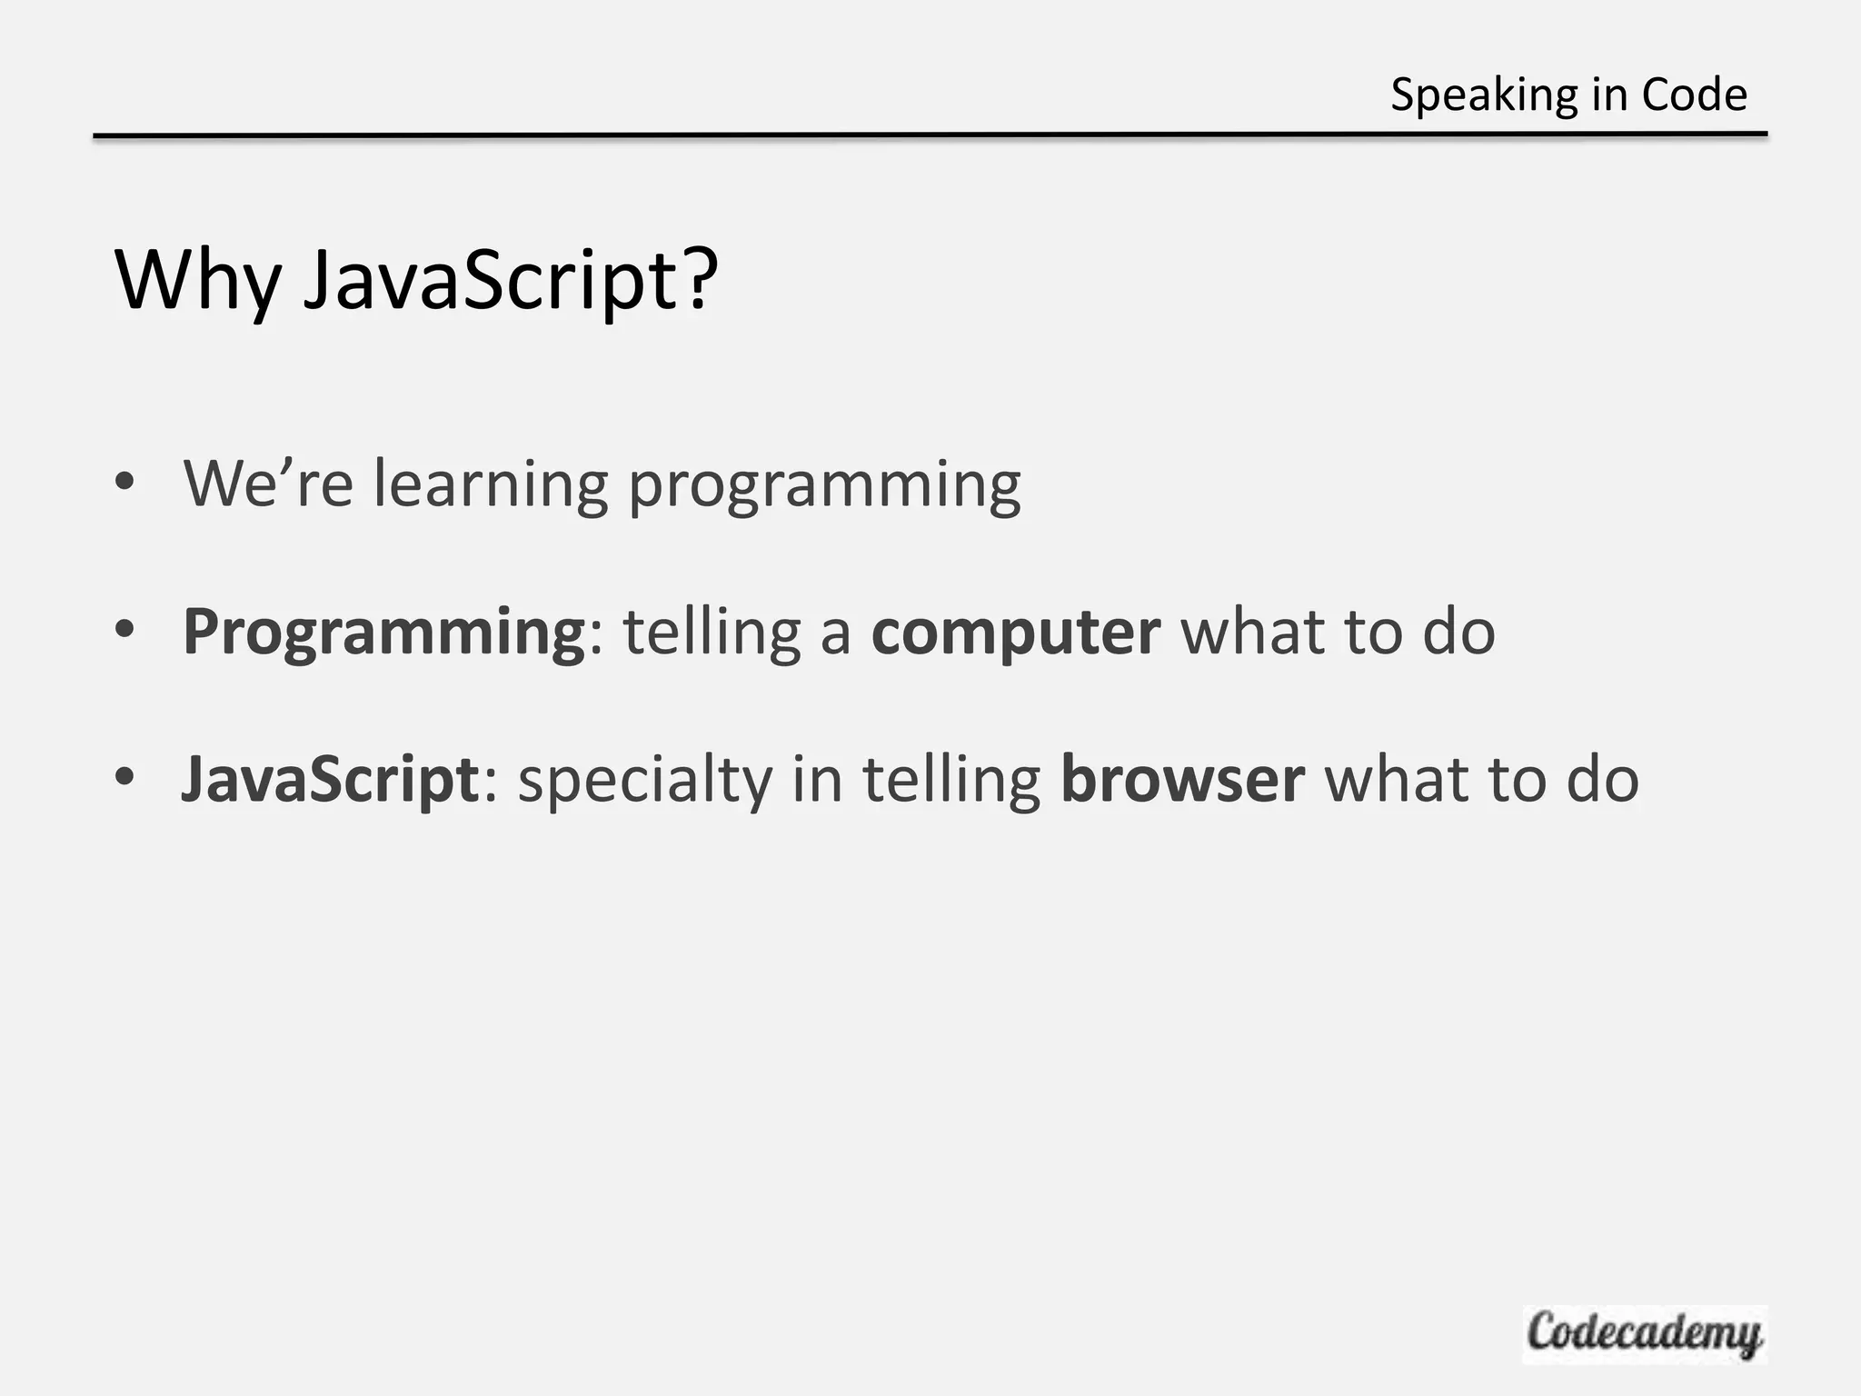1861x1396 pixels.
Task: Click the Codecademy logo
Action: (x=1644, y=1334)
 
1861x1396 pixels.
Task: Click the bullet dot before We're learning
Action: (x=125, y=481)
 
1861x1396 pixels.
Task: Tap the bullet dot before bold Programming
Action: (x=125, y=629)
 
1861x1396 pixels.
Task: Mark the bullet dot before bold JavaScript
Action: (x=125, y=777)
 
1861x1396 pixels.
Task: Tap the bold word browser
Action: (x=1182, y=780)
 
